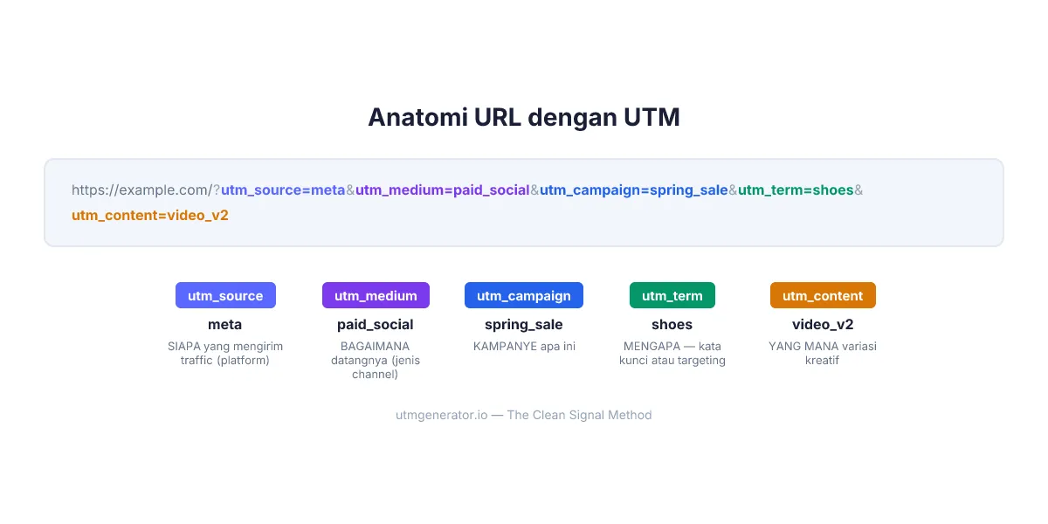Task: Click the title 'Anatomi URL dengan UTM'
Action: (523, 117)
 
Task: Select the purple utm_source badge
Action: (225, 295)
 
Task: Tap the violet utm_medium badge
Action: (376, 295)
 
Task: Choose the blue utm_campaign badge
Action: (524, 295)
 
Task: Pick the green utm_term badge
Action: (672, 295)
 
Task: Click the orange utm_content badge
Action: (823, 295)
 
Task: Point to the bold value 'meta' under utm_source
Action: (225, 324)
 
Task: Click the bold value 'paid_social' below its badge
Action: (376, 324)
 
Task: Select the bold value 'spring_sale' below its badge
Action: (524, 324)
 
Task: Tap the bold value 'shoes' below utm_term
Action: (672, 324)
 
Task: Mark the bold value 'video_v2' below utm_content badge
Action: (823, 324)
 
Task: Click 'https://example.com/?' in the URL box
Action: (146, 190)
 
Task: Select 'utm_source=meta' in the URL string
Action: (283, 190)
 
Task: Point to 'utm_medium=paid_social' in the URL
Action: (443, 190)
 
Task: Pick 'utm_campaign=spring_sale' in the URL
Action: (634, 190)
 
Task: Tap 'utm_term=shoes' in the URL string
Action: (796, 190)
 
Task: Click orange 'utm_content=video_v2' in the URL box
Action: (150, 215)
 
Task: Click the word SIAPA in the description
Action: (184, 346)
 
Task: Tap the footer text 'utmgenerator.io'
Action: (441, 415)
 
